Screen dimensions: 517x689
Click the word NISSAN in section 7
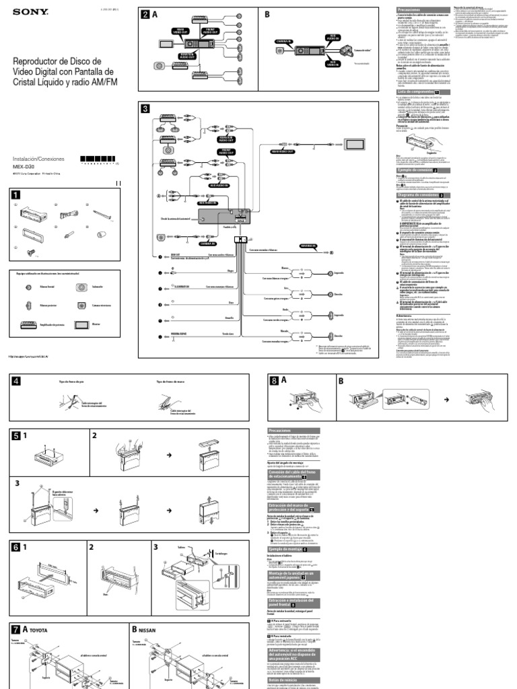147,631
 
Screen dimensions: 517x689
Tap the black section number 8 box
274,381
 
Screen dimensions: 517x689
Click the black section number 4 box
15,382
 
